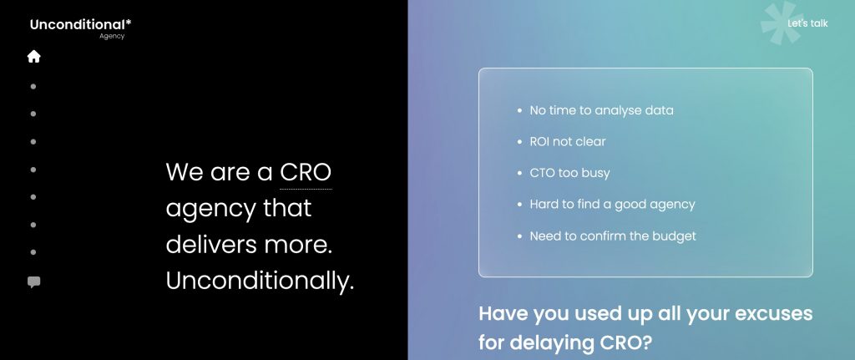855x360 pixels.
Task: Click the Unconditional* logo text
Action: point(81,24)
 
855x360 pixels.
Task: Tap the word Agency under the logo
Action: point(112,37)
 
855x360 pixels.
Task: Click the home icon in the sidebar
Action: point(33,56)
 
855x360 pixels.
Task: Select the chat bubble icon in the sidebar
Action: point(33,282)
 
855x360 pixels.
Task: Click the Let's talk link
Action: point(807,23)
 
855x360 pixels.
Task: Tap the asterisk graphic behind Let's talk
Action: point(782,23)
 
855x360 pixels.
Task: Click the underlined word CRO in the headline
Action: point(306,172)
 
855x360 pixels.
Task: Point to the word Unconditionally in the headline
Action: point(261,281)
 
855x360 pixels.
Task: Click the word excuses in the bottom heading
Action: point(774,313)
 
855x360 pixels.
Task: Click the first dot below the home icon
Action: point(33,86)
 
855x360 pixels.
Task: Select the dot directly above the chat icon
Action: point(33,252)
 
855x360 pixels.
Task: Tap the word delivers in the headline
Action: point(212,245)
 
